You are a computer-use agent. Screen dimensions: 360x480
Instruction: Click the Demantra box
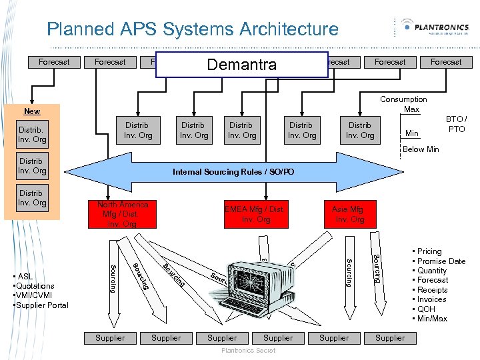point(242,65)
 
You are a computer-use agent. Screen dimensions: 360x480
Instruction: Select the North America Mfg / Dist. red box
point(122,214)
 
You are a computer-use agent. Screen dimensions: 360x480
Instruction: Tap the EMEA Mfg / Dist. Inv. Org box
point(256,214)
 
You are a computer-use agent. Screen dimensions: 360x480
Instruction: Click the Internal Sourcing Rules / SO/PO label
point(233,172)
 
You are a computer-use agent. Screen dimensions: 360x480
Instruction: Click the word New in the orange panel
point(32,111)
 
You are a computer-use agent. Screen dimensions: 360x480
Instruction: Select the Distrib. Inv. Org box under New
point(32,134)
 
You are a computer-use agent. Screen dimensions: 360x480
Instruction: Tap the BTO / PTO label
point(457,124)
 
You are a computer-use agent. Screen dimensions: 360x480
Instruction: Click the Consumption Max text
point(403,104)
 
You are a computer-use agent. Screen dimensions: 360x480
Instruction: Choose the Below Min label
point(421,149)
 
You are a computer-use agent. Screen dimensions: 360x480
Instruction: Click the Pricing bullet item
point(429,251)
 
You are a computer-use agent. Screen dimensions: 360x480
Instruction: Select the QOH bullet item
point(427,309)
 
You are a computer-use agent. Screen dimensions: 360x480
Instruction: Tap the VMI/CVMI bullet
point(36,295)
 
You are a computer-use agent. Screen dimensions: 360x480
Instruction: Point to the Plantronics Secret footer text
point(247,351)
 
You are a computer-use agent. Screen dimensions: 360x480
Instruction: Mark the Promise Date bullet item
point(441,261)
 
